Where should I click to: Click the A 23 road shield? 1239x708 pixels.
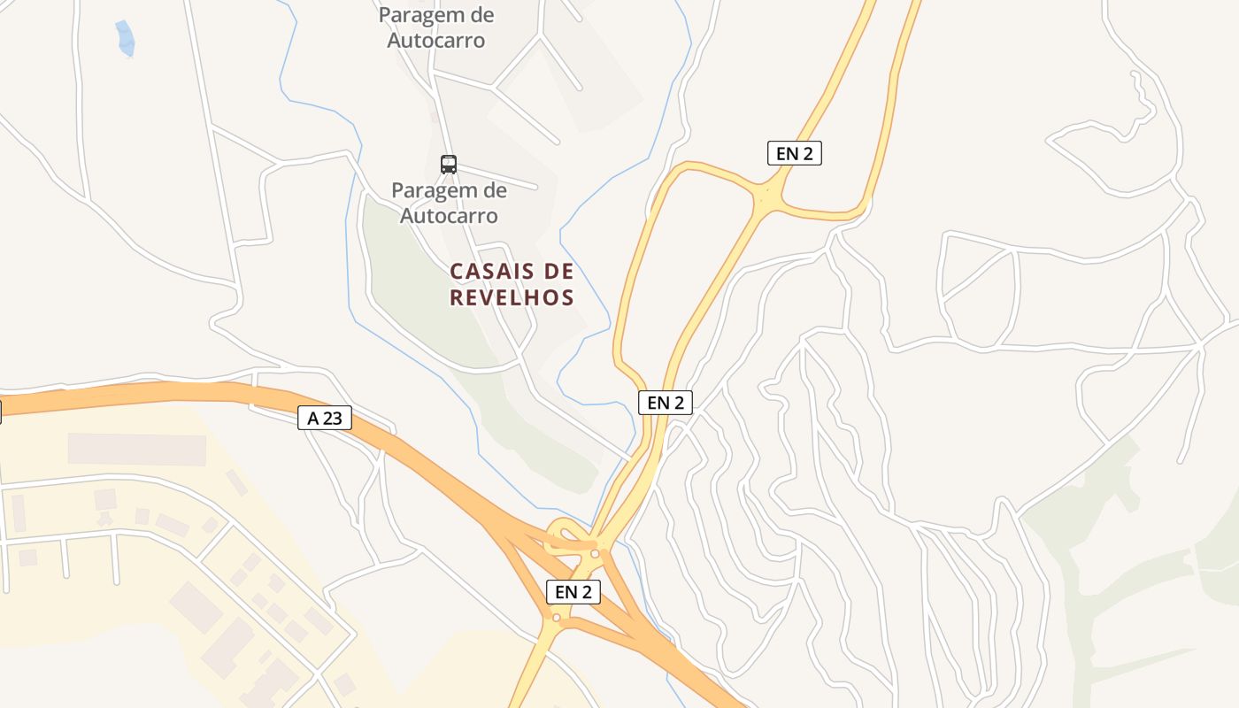325,418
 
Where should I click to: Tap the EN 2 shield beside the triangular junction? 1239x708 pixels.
794,153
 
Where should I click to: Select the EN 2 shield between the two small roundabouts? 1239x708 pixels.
573,592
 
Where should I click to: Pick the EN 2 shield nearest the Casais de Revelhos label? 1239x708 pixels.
665,402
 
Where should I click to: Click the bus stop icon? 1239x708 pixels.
449,164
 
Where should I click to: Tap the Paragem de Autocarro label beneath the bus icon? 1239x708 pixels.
449,203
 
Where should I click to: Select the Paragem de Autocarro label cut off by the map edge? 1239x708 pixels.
436,27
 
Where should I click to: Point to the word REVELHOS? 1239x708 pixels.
512,297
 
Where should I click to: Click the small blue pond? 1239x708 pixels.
125,38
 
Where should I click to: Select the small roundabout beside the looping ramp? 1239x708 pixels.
595,554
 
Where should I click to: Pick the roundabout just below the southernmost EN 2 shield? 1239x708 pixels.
556,618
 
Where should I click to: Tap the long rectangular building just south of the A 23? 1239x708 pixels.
136,450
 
